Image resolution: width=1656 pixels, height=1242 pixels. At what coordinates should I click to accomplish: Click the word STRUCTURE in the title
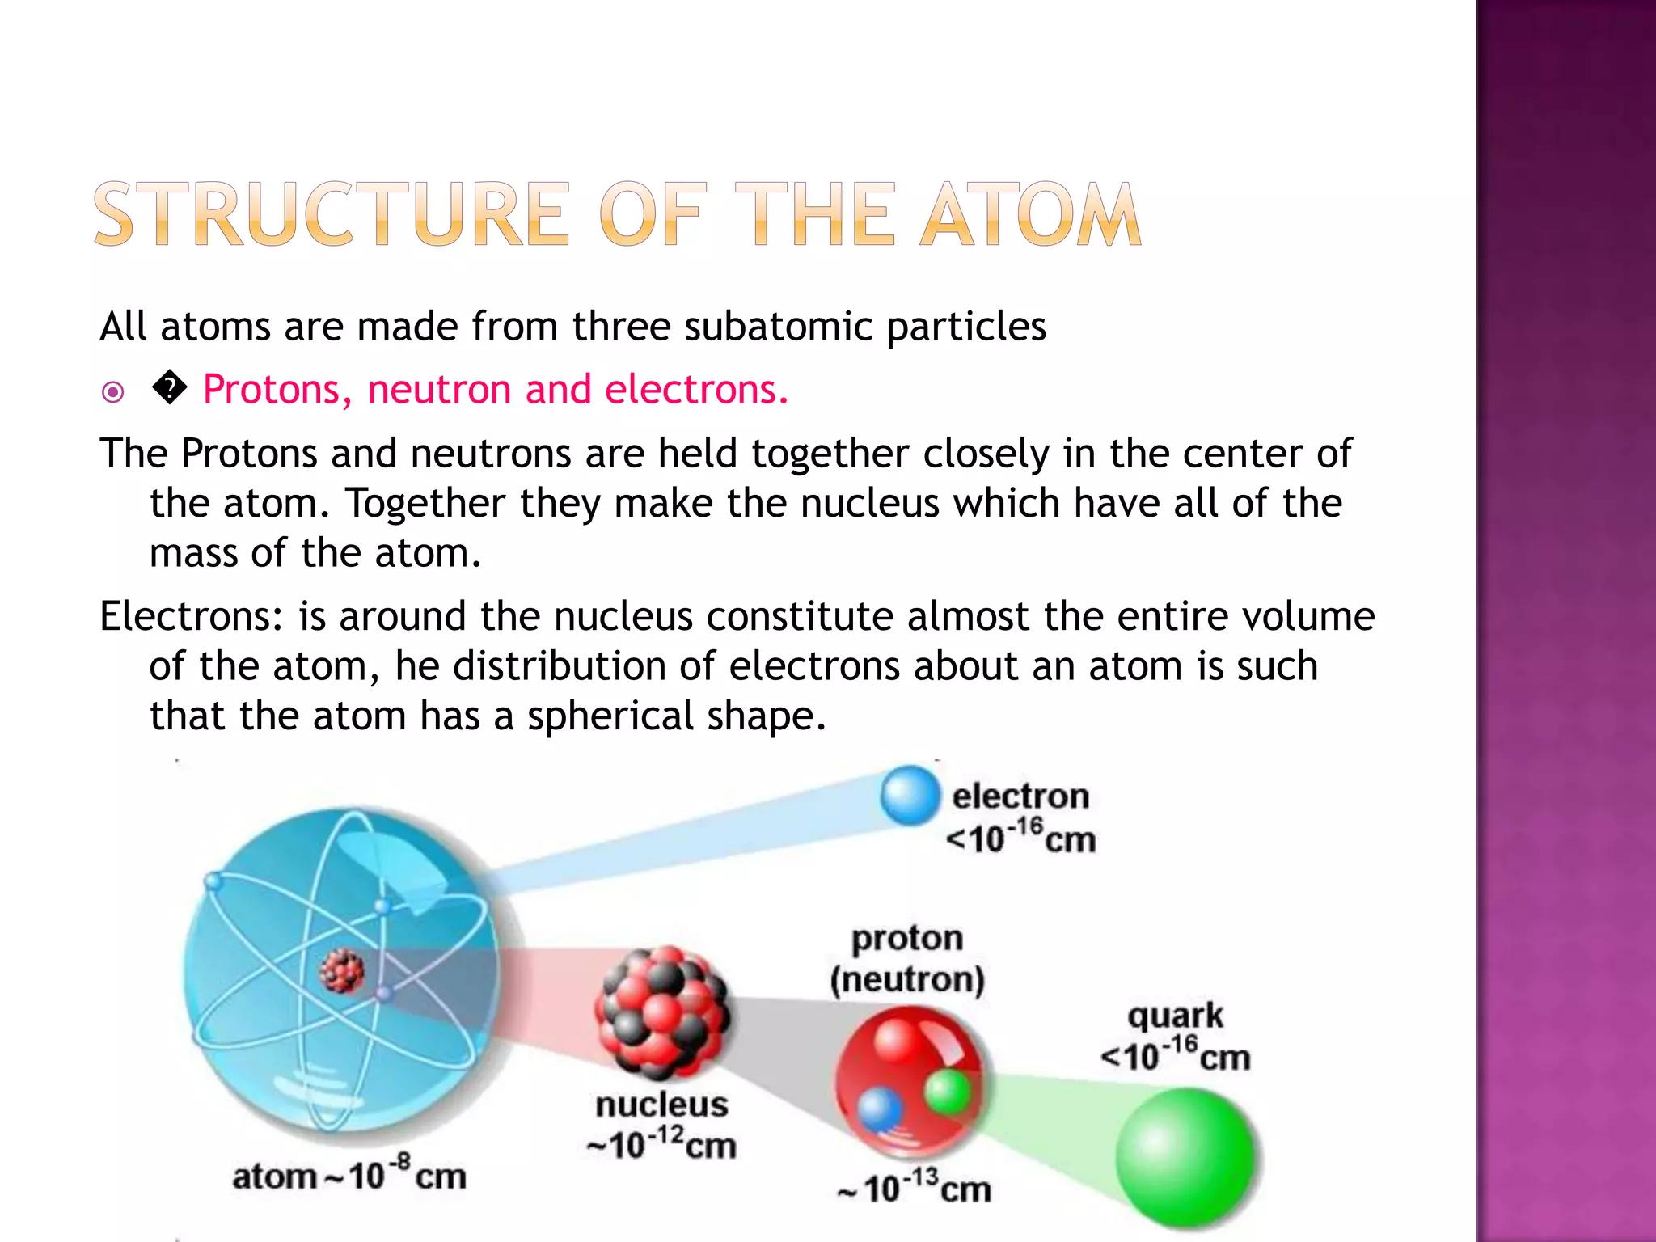(x=332, y=215)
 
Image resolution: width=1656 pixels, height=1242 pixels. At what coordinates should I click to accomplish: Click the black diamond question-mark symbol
(x=170, y=389)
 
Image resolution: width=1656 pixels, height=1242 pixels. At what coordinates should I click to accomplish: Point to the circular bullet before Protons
(x=113, y=393)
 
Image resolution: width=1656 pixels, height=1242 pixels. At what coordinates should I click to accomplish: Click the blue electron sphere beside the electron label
(x=910, y=795)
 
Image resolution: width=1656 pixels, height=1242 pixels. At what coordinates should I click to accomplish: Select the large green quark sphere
(x=1185, y=1157)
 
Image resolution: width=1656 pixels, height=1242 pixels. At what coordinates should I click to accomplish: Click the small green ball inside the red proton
(x=948, y=1092)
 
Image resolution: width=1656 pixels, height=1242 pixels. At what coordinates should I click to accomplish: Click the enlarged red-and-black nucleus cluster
(x=661, y=1012)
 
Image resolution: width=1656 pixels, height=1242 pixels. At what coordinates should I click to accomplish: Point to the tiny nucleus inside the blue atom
(x=342, y=971)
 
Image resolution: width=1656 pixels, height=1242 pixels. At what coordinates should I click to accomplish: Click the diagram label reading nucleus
(x=661, y=1105)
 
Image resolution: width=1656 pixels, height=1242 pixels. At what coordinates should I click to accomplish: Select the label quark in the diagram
(x=1175, y=1016)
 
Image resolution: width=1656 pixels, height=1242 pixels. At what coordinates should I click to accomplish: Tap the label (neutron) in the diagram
(x=907, y=979)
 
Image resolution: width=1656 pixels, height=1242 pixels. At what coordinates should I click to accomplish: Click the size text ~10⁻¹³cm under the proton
(x=915, y=1188)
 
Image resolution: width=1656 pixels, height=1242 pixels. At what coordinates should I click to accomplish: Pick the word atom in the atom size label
(x=274, y=1177)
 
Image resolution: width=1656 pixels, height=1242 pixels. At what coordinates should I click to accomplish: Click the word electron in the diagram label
(x=1020, y=796)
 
